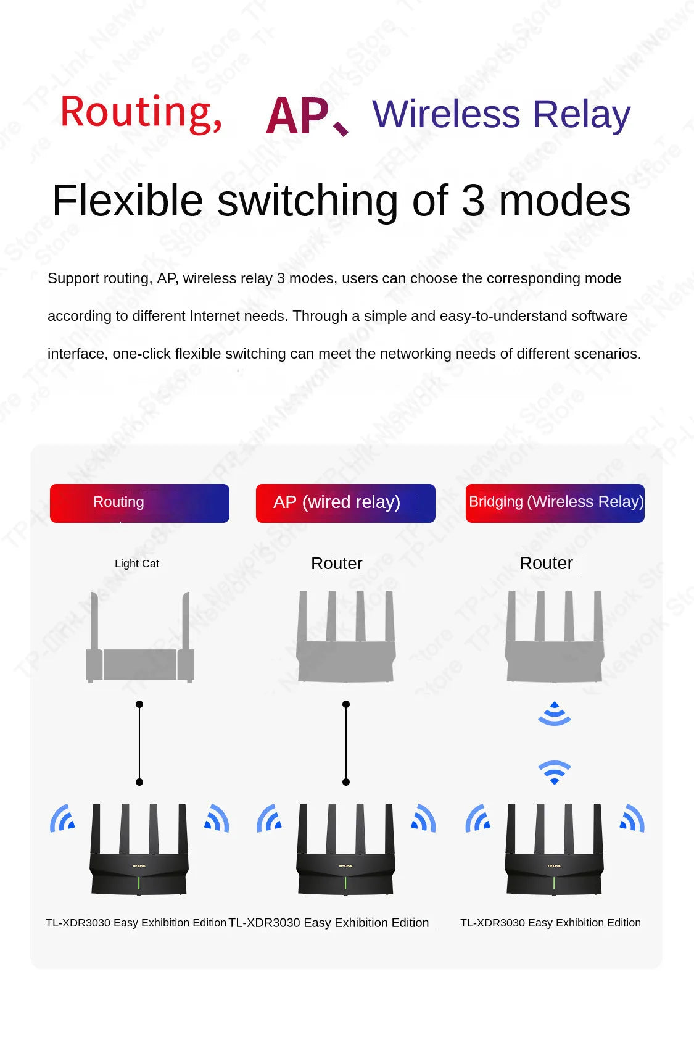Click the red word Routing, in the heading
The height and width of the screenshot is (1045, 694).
[141, 113]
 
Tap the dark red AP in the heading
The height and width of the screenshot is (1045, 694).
[297, 115]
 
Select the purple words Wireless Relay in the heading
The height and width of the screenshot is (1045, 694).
[501, 115]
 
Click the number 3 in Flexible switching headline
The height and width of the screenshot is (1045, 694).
[473, 200]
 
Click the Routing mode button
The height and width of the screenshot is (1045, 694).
[139, 503]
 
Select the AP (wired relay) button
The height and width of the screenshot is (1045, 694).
[345, 503]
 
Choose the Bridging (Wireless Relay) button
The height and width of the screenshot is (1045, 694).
[555, 503]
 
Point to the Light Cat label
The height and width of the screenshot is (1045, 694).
[137, 564]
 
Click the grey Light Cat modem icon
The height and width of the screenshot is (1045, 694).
[140, 637]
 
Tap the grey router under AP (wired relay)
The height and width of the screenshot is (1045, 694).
[345, 636]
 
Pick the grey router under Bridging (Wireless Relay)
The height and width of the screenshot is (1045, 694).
[555, 636]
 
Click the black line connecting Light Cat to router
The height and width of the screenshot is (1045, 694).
[139, 743]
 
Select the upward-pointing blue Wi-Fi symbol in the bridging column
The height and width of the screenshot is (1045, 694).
[555, 714]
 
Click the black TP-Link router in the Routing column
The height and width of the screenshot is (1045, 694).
[139, 849]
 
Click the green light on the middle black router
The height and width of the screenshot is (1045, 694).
[345, 883]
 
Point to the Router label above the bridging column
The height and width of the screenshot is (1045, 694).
[546, 563]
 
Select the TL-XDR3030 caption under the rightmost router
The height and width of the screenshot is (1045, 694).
[550, 923]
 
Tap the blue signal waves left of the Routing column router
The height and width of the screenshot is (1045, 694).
[62, 818]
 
